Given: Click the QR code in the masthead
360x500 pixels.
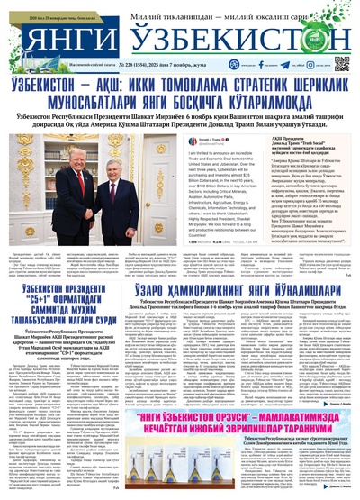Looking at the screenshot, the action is (x=342, y=63).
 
